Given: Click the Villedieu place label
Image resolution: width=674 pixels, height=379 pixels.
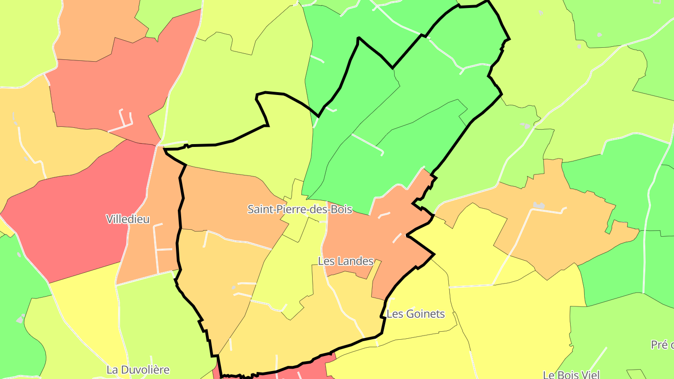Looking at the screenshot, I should click(x=128, y=219).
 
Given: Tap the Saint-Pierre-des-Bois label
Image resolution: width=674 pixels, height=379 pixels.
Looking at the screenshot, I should click(x=300, y=209).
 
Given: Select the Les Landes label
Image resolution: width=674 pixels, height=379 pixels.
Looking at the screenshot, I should click(x=345, y=261).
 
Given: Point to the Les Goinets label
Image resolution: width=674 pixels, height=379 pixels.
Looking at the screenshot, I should click(x=416, y=314).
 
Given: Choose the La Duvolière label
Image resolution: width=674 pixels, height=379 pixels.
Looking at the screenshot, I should click(x=138, y=370).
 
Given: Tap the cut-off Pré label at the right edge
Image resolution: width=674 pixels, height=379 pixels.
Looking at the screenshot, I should click(x=662, y=345).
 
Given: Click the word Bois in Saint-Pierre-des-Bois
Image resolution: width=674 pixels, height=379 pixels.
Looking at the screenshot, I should click(x=341, y=209).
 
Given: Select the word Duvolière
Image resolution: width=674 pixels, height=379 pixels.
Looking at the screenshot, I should click(x=145, y=370).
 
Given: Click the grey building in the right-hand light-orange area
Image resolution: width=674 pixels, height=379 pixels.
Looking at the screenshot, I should click(x=539, y=205).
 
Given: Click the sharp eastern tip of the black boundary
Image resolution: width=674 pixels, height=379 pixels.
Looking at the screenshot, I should click(x=434, y=255).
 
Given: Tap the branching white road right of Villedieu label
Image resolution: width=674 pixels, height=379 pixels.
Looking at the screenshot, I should click(x=161, y=248).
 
